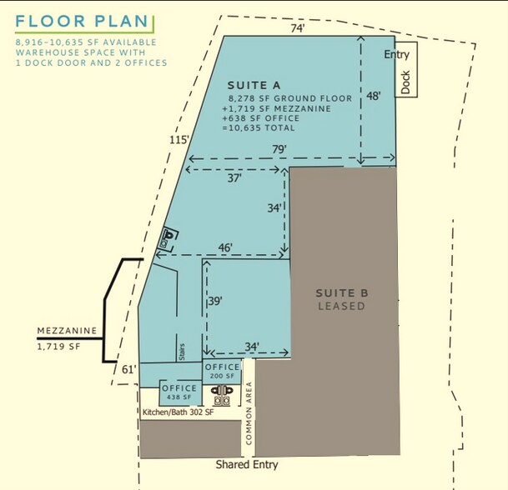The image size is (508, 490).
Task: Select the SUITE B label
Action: [x=341, y=292]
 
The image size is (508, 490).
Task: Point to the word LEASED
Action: [x=341, y=306]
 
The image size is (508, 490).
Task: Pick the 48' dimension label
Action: [x=374, y=96]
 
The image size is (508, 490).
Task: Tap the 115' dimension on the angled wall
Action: [x=178, y=141]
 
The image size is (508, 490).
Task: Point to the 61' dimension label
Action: [x=128, y=369]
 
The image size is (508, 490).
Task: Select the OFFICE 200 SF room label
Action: [x=223, y=372]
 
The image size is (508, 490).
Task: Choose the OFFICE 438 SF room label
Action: [x=179, y=392]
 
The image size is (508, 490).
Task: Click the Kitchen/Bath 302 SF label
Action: [x=178, y=412]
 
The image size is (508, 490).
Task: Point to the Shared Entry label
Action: [x=247, y=464]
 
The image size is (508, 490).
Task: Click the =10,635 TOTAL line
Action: [x=260, y=128]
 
